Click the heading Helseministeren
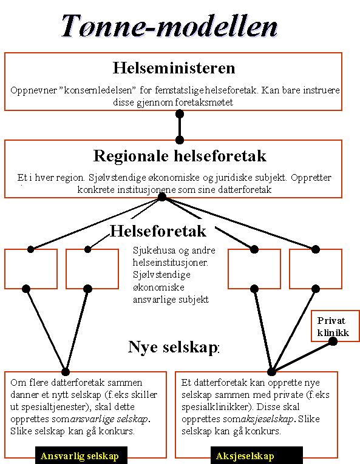point(174,67)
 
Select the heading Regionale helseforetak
point(180,156)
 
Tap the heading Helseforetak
point(158,231)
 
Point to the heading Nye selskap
point(174,347)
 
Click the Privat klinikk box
point(333,327)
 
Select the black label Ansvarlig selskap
point(79,456)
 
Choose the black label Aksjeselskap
point(245,456)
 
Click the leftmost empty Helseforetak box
point(30,269)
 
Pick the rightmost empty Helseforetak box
point(316,269)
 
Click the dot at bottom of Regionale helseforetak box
point(162,197)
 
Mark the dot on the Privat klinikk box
point(333,341)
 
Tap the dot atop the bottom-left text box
point(66,371)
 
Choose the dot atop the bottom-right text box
point(271,371)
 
